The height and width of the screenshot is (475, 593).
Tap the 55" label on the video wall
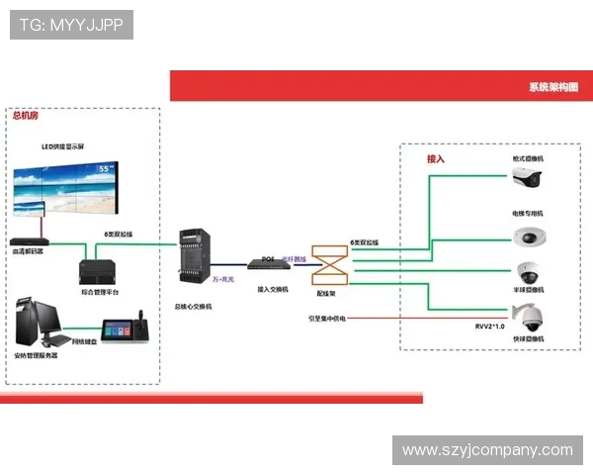tap(104, 170)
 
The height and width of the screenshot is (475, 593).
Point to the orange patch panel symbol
tap(328, 265)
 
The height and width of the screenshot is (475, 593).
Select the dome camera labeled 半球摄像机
tap(527, 273)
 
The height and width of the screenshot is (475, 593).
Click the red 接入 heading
tap(436, 158)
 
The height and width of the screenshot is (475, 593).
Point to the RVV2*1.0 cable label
tap(489, 326)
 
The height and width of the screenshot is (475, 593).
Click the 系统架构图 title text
tap(554, 87)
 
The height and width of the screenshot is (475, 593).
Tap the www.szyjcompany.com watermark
tap(488, 450)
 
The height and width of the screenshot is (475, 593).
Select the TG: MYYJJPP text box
tap(71, 25)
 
